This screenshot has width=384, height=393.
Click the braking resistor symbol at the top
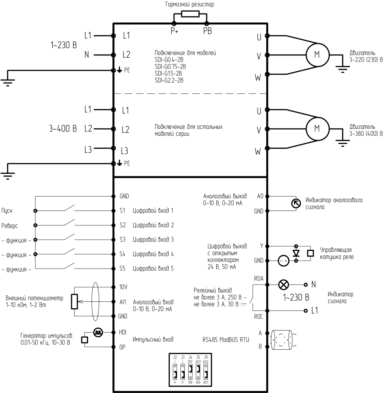point(190,14)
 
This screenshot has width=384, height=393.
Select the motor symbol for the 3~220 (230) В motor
point(317,54)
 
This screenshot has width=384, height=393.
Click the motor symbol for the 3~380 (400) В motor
point(317,128)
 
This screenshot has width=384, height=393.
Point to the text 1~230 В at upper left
point(64,45)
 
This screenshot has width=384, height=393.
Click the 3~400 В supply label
point(63,129)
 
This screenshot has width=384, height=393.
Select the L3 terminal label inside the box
point(125,151)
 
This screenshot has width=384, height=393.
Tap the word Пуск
point(7,210)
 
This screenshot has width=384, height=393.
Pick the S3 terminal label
point(122,239)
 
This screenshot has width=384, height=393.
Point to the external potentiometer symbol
point(74,301)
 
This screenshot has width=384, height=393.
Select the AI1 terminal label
point(122,301)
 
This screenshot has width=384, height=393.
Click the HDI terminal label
point(123,332)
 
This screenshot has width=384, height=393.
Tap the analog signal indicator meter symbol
point(296,203)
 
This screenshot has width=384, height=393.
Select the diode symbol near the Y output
point(296,253)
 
